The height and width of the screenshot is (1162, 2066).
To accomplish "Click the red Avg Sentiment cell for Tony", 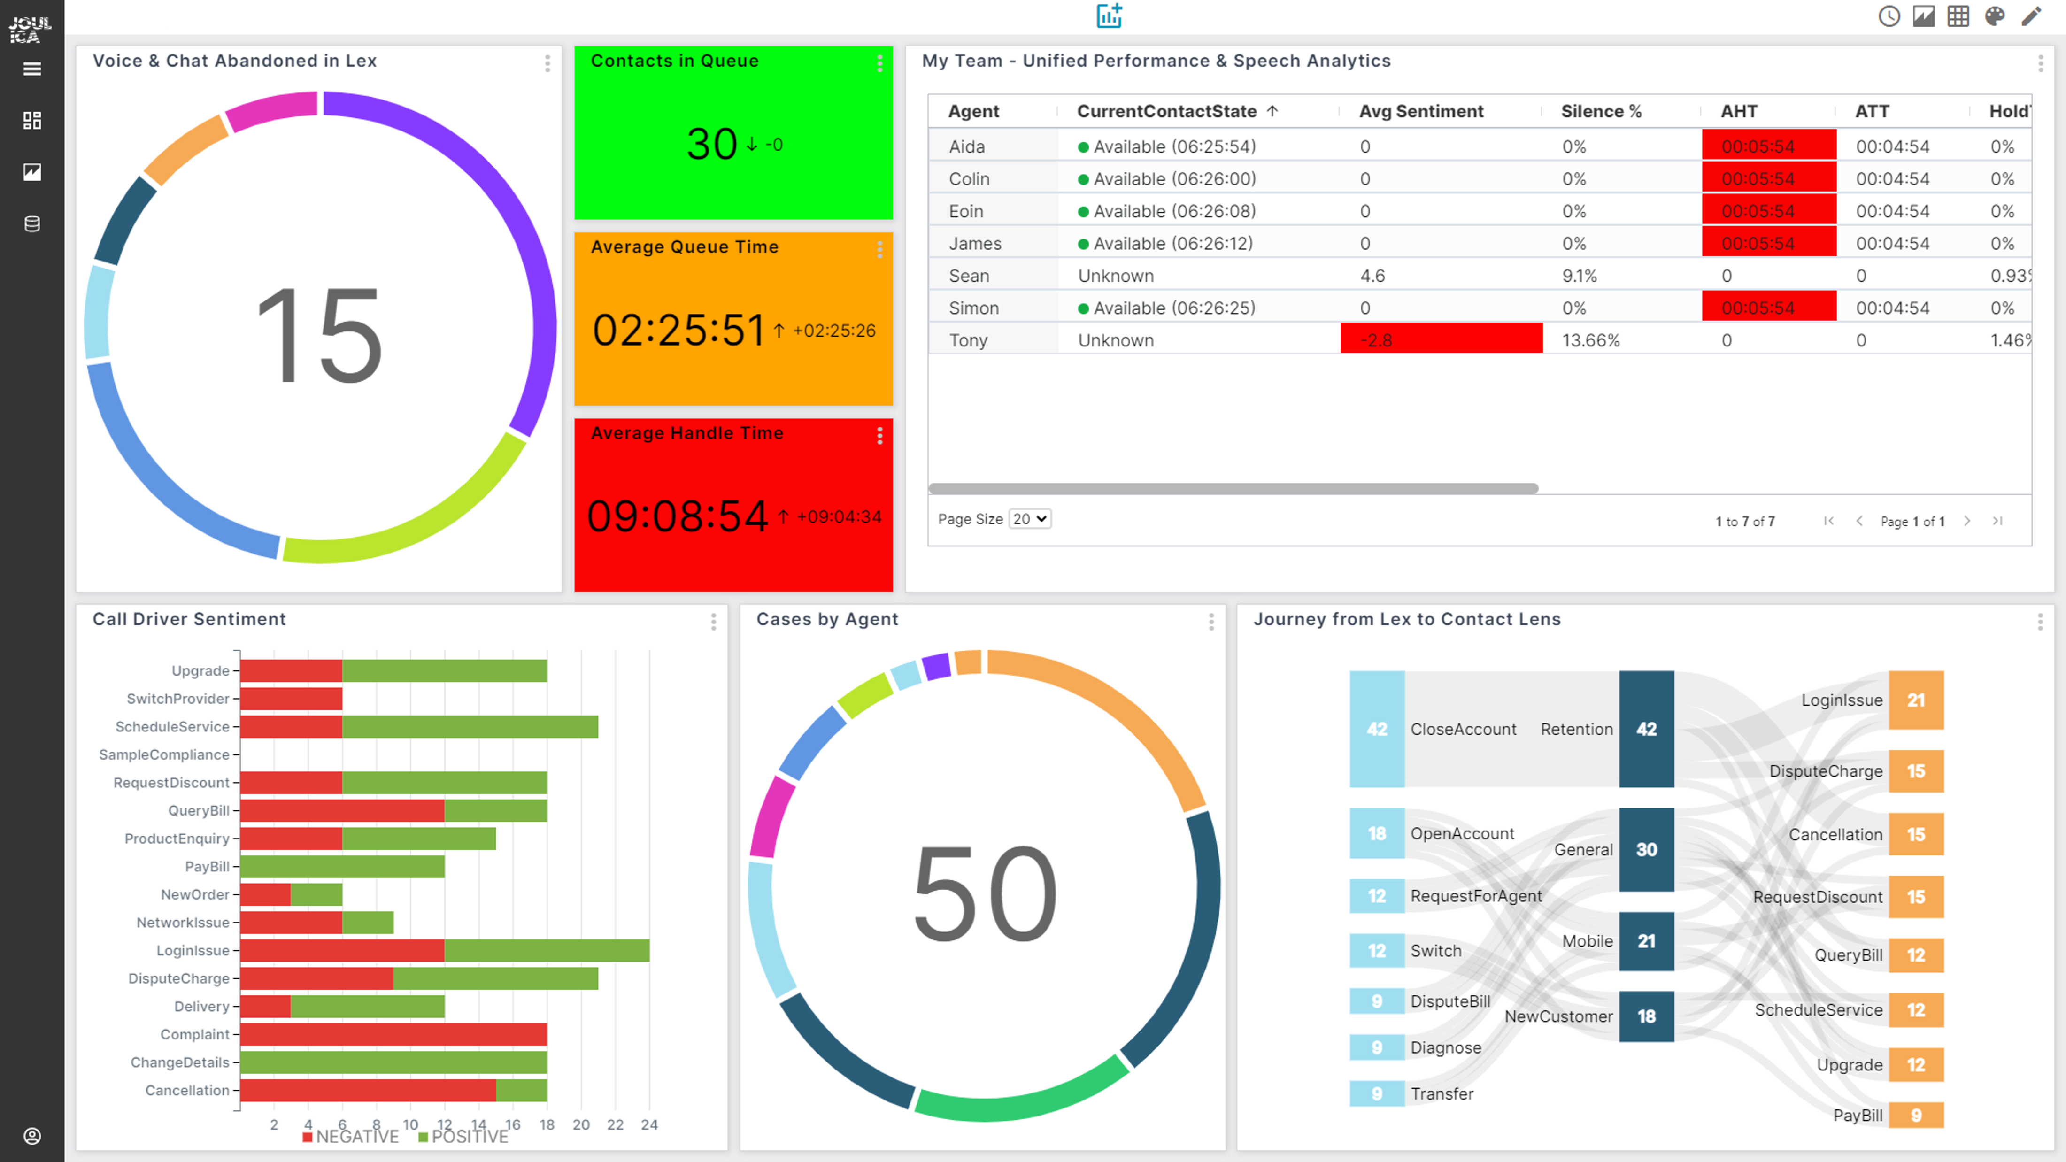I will (x=1441, y=340).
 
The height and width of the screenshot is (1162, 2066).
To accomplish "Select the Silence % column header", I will (x=1600, y=111).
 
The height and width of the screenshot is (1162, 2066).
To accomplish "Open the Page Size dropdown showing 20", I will (x=1029, y=519).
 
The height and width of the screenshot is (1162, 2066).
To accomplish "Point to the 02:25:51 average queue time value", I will (x=678, y=331).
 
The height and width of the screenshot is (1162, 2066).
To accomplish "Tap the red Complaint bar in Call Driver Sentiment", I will (x=393, y=1034).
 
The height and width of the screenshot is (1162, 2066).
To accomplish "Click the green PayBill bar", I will (x=342, y=866).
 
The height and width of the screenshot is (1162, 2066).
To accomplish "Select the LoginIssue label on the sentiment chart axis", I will (x=193, y=950).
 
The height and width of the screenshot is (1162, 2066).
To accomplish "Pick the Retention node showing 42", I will (x=1646, y=729).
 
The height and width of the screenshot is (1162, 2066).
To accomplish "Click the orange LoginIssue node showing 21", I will (x=1915, y=700).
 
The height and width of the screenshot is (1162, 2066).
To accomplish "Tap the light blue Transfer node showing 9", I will (x=1376, y=1094).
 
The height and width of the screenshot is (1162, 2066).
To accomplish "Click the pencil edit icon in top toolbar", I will (x=2031, y=16).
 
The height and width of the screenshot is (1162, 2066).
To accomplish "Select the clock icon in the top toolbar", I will (x=1889, y=16).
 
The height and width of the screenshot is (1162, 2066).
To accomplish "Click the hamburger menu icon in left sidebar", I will (x=32, y=69).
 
